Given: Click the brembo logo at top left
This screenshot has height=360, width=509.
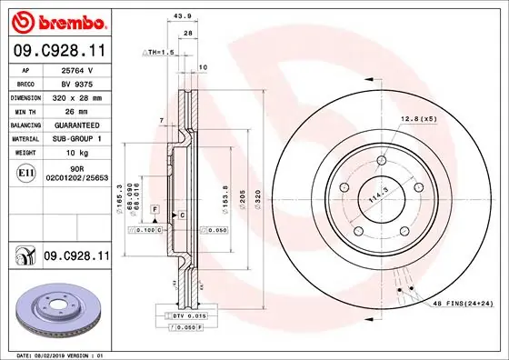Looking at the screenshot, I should tap(59, 21).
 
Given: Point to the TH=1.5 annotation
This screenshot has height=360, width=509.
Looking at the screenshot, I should tap(158, 53).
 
